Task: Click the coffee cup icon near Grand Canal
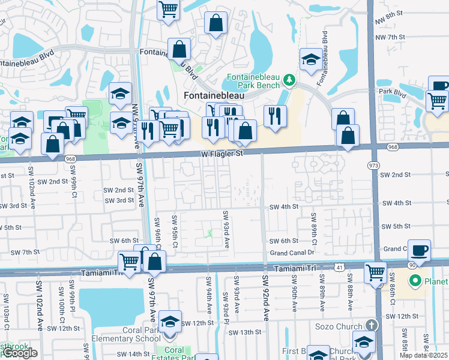click(419, 250)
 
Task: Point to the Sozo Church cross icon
click(372, 325)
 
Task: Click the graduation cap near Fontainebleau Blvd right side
click(311, 59)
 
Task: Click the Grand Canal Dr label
click(292, 253)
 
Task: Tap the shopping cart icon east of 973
click(437, 100)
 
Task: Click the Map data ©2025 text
click(423, 355)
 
